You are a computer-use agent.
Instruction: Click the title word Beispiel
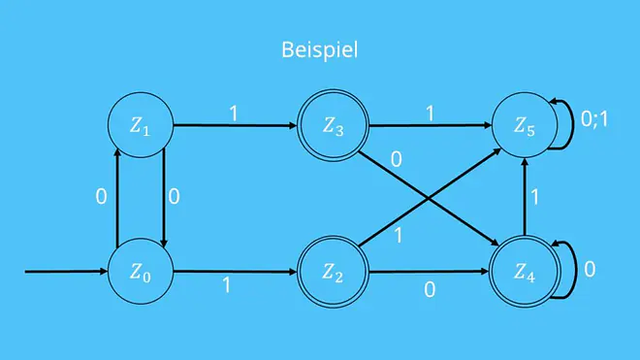pos(320,50)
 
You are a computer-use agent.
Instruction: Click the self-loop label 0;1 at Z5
pos(594,119)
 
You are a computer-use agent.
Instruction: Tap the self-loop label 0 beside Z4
pos(590,270)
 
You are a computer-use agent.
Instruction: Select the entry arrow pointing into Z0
pos(66,272)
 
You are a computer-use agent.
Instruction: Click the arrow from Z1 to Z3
pos(235,125)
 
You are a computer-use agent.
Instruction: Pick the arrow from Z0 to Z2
pos(235,272)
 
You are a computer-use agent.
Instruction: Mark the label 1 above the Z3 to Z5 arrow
pos(430,114)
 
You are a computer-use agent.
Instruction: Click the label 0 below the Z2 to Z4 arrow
pos(430,290)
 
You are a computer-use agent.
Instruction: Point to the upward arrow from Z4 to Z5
pos(525,197)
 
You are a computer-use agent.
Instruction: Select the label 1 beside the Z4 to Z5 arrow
pos(534,198)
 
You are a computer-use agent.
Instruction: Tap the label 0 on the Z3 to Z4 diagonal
pos(396,159)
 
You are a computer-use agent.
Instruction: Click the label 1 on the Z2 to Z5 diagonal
pos(398,236)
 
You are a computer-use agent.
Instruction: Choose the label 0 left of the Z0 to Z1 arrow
pos(101,197)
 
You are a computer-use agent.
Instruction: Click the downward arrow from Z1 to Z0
pos(164,198)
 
